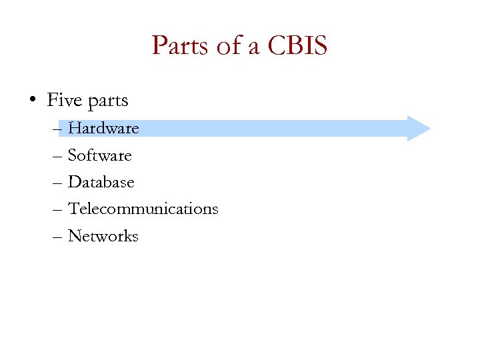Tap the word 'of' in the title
[223, 46]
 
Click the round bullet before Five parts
[33, 101]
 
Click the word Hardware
[103, 128]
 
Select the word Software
[100, 155]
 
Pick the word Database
[101, 182]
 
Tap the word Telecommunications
[143, 209]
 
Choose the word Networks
[103, 236]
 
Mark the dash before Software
[57, 156]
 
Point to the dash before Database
[57, 183]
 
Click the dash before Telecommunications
[57, 209]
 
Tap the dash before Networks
[57, 237]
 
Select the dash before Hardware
[57, 129]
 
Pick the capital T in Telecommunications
[73, 209]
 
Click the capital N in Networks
[75, 236]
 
